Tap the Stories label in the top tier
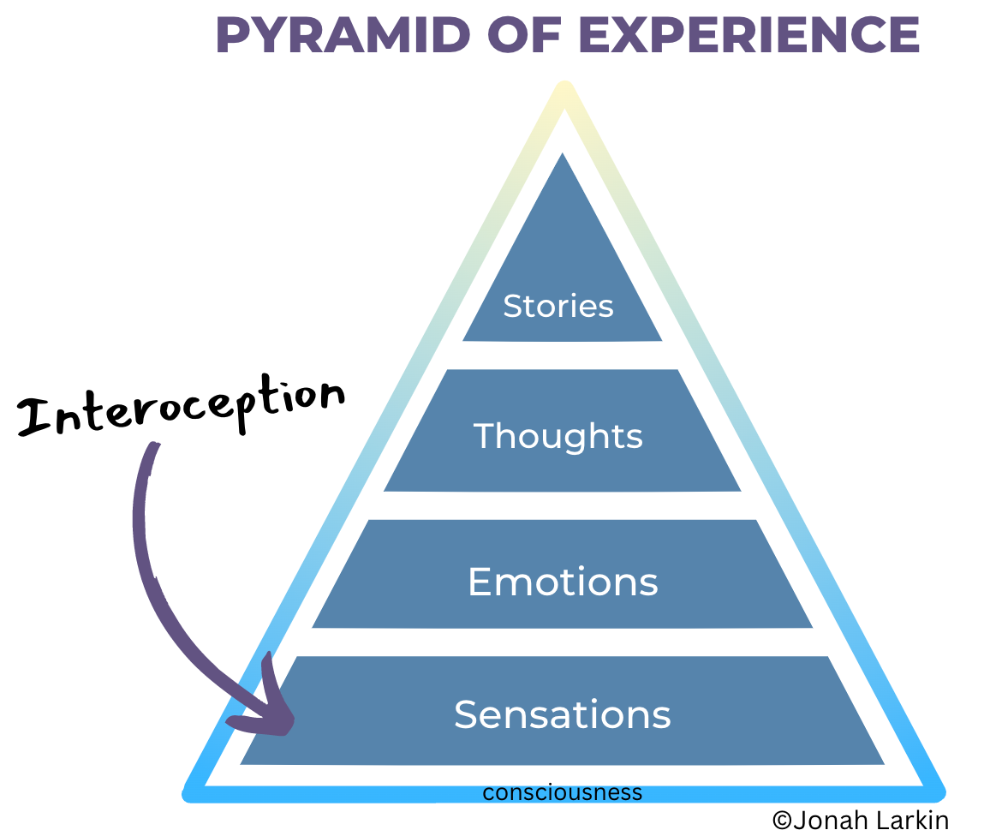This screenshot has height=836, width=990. tap(558, 306)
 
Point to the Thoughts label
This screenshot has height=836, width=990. tap(558, 436)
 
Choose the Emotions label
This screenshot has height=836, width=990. tap(563, 582)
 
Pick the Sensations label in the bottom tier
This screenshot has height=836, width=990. tap(563, 714)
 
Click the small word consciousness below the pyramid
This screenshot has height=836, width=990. tap(562, 792)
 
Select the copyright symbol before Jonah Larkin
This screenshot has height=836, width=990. tap(782, 820)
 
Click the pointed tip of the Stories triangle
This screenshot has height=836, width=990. tap(563, 157)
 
